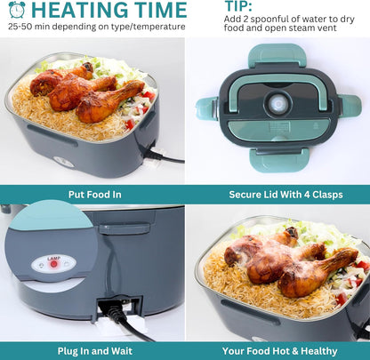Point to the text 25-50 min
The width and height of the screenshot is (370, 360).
pyautogui.click(x=28, y=27)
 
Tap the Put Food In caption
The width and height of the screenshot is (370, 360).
pyautogui.click(x=92, y=195)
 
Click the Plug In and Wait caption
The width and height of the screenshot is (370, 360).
pyautogui.click(x=92, y=350)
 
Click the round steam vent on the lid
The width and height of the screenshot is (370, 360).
pyautogui.click(x=277, y=102)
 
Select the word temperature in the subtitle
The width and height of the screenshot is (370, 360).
pyautogui.click(x=157, y=27)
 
